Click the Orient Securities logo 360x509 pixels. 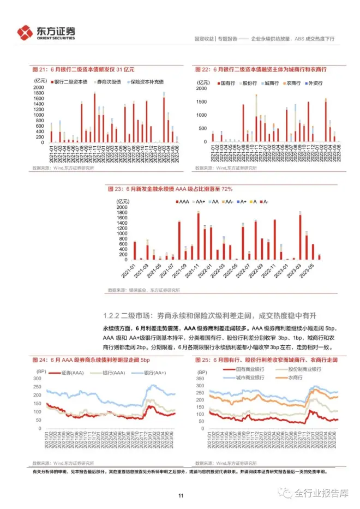pos(47,32)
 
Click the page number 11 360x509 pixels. pos(180,496)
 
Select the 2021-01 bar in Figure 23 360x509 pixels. pos(135,250)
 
